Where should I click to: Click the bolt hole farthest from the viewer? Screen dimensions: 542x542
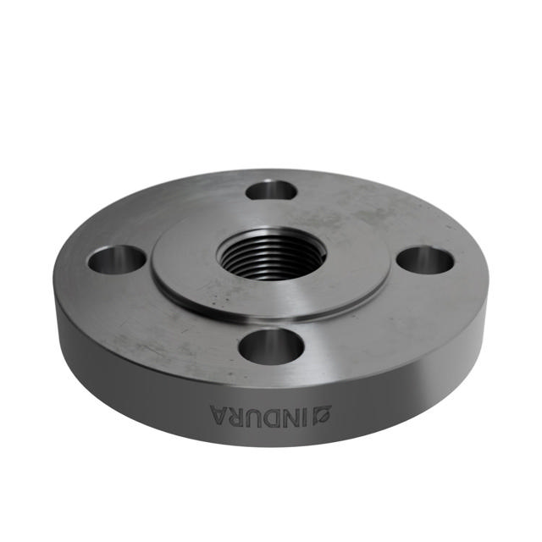click(x=271, y=190)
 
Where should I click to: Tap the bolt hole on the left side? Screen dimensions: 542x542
click(x=116, y=259)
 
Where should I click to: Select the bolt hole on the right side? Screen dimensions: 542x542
click(x=425, y=260)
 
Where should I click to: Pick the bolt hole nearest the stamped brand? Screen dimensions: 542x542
click(x=271, y=346)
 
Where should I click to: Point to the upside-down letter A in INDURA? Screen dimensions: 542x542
click(x=220, y=414)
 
